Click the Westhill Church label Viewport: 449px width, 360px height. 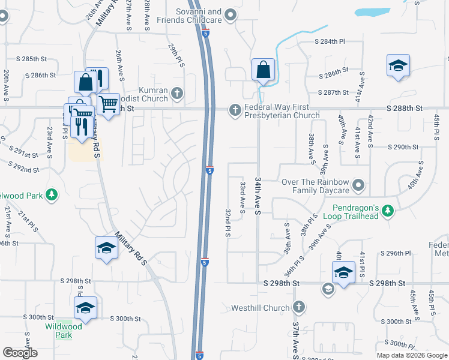pos(261,308)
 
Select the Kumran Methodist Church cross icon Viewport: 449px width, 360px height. pos(176,92)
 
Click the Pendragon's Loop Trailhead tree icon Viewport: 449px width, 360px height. pos(388,211)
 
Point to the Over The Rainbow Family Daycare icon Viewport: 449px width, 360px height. pos(358,185)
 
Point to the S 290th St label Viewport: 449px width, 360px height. pos(403,147)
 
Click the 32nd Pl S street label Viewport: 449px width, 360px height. pos(229,223)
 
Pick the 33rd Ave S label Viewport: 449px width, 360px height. pos(243,197)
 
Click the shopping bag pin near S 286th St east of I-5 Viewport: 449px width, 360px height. pos(263,70)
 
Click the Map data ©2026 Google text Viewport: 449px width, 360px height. pos(412,355)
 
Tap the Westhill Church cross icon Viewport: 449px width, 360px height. pos(298,308)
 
